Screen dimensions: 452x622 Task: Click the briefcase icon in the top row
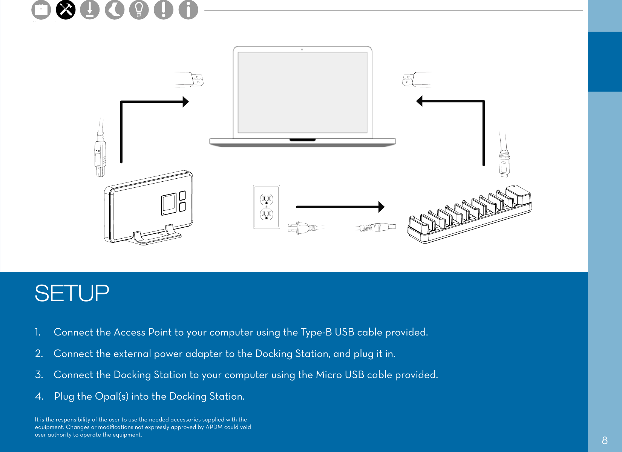point(41,10)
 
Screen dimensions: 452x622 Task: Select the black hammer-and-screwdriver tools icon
point(66,10)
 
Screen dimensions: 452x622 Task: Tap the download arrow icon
point(90,10)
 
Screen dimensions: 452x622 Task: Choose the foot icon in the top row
point(115,10)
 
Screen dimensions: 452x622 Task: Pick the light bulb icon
point(139,10)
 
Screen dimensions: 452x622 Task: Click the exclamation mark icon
point(164,10)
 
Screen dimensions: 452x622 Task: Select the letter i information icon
point(188,10)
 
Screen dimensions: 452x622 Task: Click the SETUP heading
point(72,293)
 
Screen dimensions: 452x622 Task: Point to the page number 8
point(605,440)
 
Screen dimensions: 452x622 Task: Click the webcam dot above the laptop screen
point(302,49)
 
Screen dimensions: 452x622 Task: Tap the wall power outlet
point(267,207)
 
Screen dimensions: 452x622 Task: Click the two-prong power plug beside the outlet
point(302,228)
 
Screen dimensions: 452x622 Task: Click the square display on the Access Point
point(169,204)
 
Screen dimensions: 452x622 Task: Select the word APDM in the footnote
point(214,427)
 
